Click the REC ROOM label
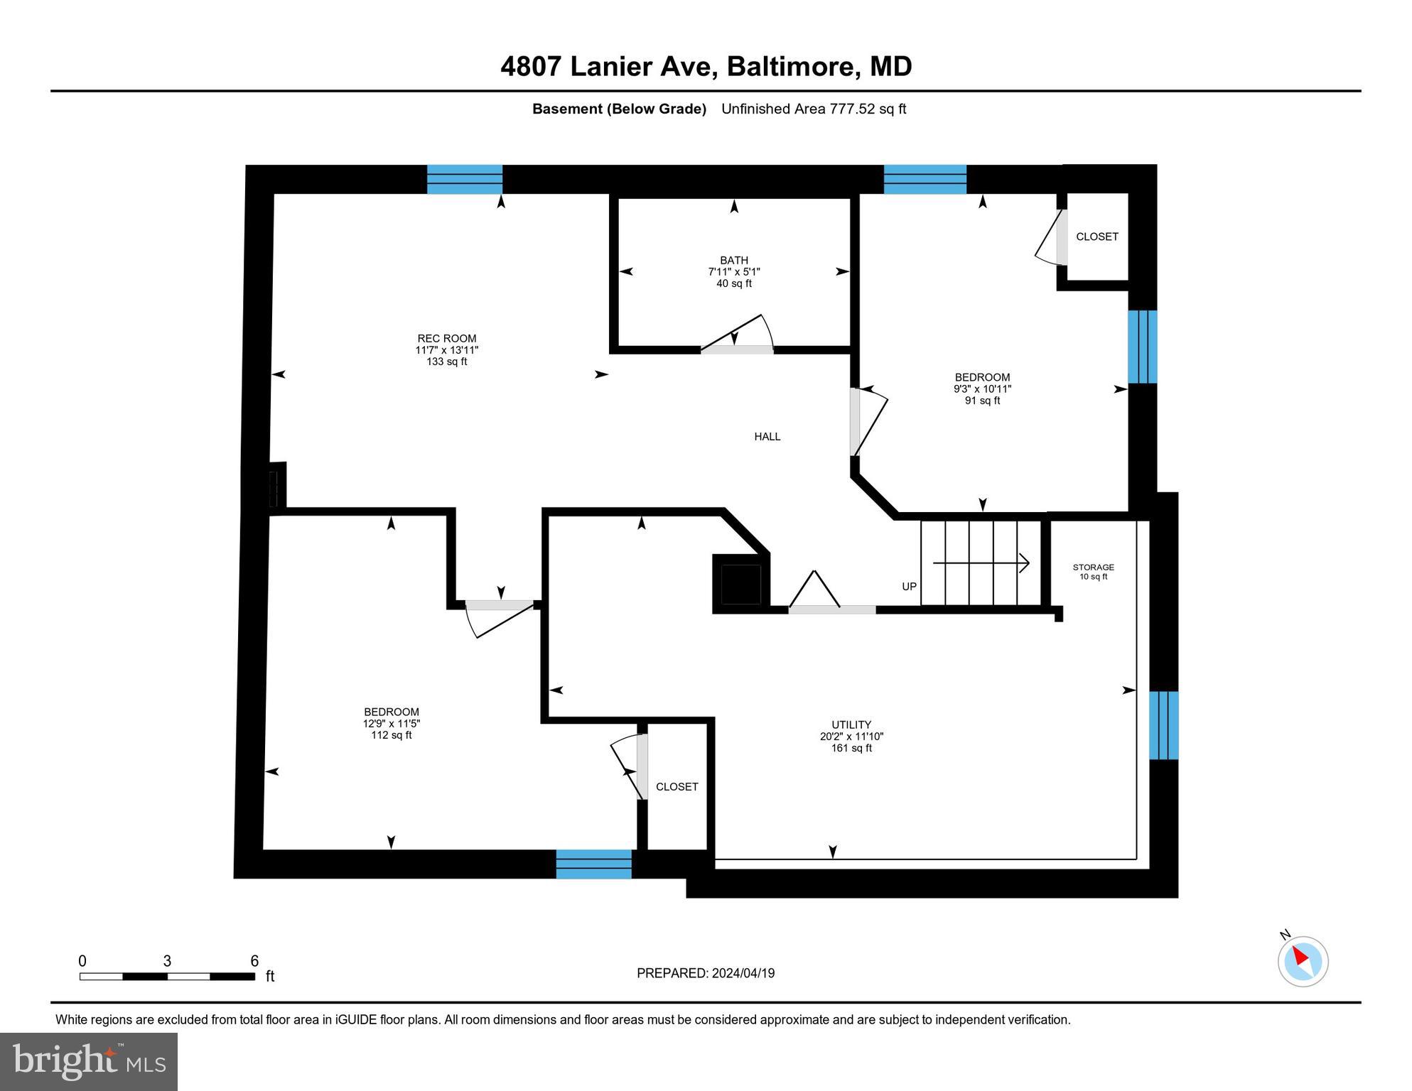tap(446, 339)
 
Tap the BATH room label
tap(733, 261)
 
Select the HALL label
tap(767, 437)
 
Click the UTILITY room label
tap(851, 725)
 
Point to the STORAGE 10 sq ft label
tap(1093, 572)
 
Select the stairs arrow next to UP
tap(981, 563)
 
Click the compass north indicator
tap(1302, 960)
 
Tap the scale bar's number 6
tap(254, 961)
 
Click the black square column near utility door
tap(740, 585)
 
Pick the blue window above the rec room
tap(464, 179)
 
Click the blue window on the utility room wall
tap(1163, 725)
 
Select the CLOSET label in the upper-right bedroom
tap(1096, 237)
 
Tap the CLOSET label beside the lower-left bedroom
tap(677, 787)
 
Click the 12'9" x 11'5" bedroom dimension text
tap(392, 724)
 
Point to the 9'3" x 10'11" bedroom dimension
tap(982, 389)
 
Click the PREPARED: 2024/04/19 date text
tap(705, 973)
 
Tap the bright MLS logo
tap(89, 1061)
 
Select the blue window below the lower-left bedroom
tap(593, 864)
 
